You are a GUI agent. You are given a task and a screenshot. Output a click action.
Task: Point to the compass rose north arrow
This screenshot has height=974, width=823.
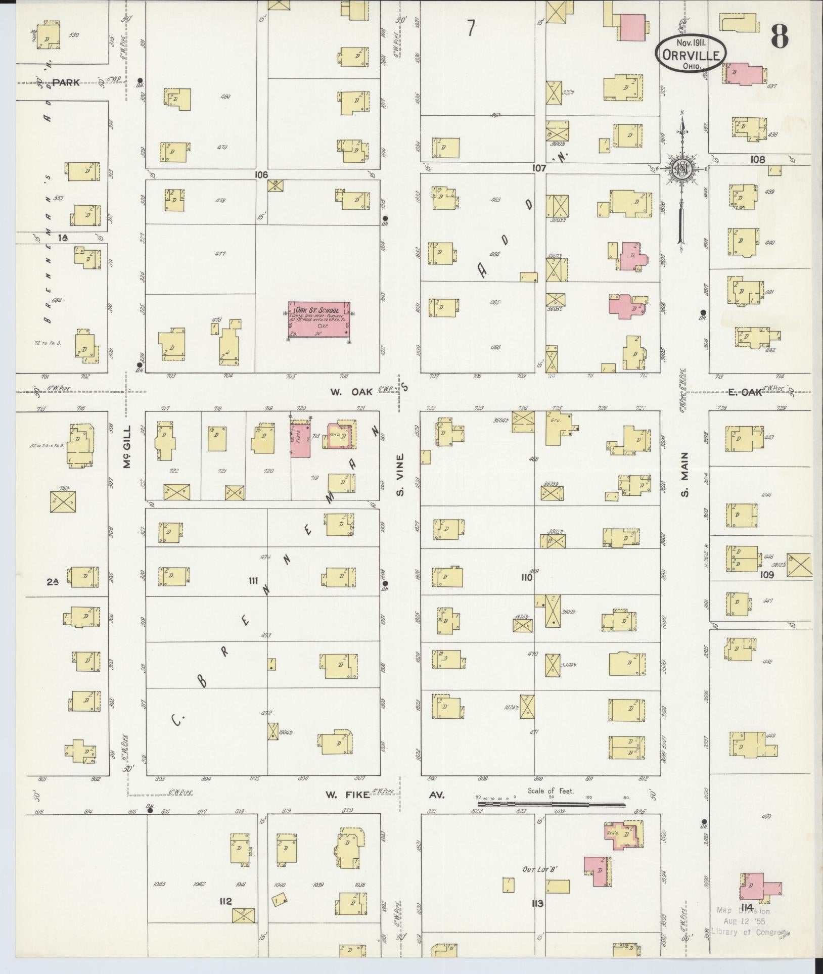[x=682, y=172]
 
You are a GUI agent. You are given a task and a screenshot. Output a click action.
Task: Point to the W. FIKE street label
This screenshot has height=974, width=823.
[x=345, y=795]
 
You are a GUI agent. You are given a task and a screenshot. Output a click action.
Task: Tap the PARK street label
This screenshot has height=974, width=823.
[x=66, y=82]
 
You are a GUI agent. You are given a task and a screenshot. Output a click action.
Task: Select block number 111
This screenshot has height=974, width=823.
[x=253, y=580]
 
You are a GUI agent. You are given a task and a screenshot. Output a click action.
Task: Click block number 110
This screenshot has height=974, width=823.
[x=526, y=577]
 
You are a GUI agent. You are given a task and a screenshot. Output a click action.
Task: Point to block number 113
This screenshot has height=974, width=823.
[x=537, y=903]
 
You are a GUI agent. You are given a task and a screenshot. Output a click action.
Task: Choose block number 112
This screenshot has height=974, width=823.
[x=225, y=901]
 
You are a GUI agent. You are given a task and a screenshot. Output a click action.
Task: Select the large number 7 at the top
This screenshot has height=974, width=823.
[x=471, y=29]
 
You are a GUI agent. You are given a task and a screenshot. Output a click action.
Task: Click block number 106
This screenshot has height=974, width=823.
[x=261, y=175]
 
